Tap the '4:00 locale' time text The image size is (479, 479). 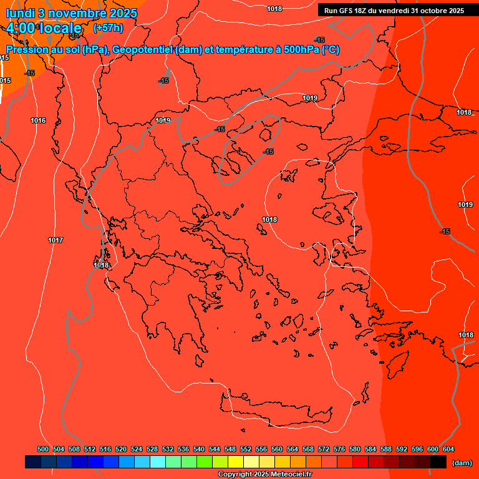click(44, 28)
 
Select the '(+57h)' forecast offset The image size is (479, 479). click(108, 28)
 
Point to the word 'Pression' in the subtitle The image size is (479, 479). click(26, 50)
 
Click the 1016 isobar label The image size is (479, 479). click(38, 120)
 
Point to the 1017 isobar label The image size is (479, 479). click(56, 240)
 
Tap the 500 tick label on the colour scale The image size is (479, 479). click(43, 449)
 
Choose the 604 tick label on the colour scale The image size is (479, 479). click(448, 449)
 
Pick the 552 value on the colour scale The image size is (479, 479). click(246, 449)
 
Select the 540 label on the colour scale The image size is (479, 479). click(199, 449)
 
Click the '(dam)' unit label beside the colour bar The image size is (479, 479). click(462, 463)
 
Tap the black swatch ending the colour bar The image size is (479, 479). click(438, 462)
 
